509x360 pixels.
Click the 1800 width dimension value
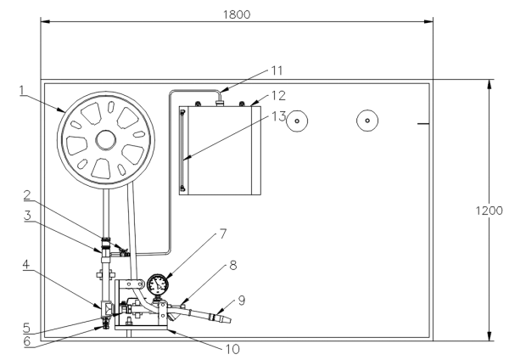pyautogui.click(x=237, y=16)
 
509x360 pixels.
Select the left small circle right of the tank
pyautogui.click(x=296, y=121)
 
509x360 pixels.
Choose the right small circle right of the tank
pyautogui.click(x=366, y=121)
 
